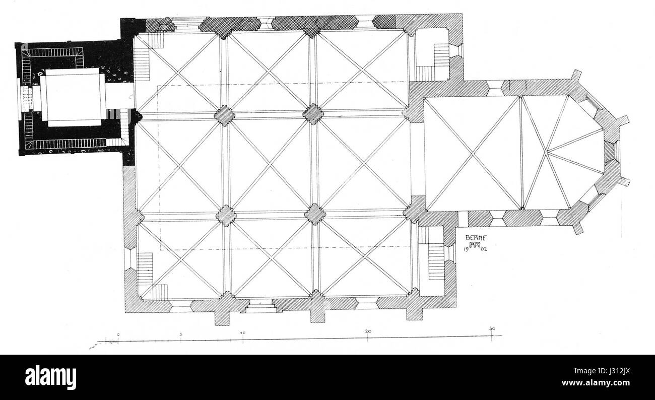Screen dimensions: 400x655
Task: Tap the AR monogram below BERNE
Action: pyautogui.click(x=474, y=246)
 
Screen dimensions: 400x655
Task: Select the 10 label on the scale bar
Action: pyautogui.click(x=243, y=333)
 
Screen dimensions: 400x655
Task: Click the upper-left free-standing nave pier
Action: pyautogui.click(x=225, y=115)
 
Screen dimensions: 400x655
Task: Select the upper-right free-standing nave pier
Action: pyautogui.click(x=313, y=114)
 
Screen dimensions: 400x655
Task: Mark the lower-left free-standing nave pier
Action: pyautogui.click(x=226, y=215)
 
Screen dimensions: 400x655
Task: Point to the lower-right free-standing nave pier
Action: pyautogui.click(x=315, y=214)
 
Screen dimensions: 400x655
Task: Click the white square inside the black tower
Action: pyautogui.click(x=74, y=97)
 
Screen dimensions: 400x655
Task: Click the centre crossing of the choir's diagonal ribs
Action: pyautogui.click(x=472, y=154)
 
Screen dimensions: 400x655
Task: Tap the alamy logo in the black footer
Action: pyautogui.click(x=50, y=377)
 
